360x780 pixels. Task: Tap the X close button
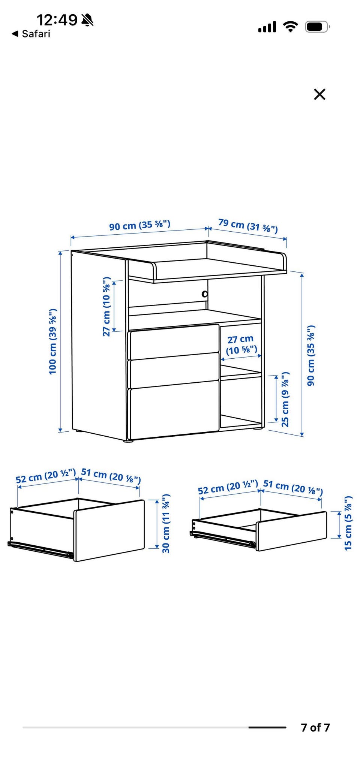pyautogui.click(x=319, y=94)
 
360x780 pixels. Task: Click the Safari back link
pyautogui.click(x=31, y=34)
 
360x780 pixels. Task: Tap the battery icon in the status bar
pyautogui.click(x=317, y=27)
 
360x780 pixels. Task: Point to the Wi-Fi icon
pyautogui.click(x=290, y=27)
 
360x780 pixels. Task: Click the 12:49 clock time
pyautogui.click(x=57, y=19)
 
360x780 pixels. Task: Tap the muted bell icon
pyautogui.click(x=88, y=19)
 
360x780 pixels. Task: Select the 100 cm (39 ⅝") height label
pyautogui.click(x=52, y=341)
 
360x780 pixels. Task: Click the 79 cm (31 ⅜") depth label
pyautogui.click(x=248, y=226)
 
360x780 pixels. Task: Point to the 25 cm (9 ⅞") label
pyautogui.click(x=285, y=399)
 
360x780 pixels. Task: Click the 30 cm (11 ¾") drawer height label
pyautogui.click(x=166, y=523)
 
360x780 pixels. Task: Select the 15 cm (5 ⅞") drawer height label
pyautogui.click(x=348, y=523)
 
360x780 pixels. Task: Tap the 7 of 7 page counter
pyautogui.click(x=315, y=727)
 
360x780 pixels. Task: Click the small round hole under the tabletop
pyautogui.click(x=205, y=294)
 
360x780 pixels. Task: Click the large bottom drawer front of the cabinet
pyautogui.click(x=174, y=409)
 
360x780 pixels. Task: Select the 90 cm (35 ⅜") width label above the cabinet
pyautogui.click(x=140, y=225)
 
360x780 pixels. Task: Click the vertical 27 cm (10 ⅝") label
pyautogui.click(x=107, y=307)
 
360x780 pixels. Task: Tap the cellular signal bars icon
pyautogui.click(x=267, y=27)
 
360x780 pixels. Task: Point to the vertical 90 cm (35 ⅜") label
pyautogui.click(x=310, y=355)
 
